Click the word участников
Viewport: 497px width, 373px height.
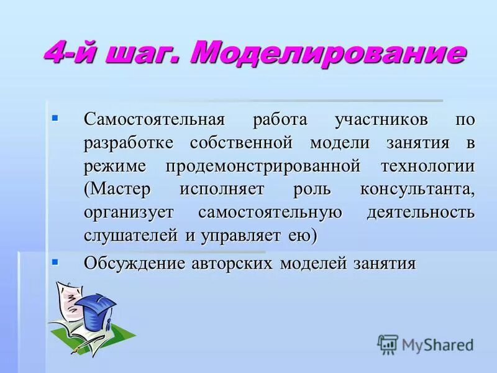click(372, 119)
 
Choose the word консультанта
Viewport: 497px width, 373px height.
click(417, 190)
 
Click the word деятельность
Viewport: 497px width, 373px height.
click(421, 213)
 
